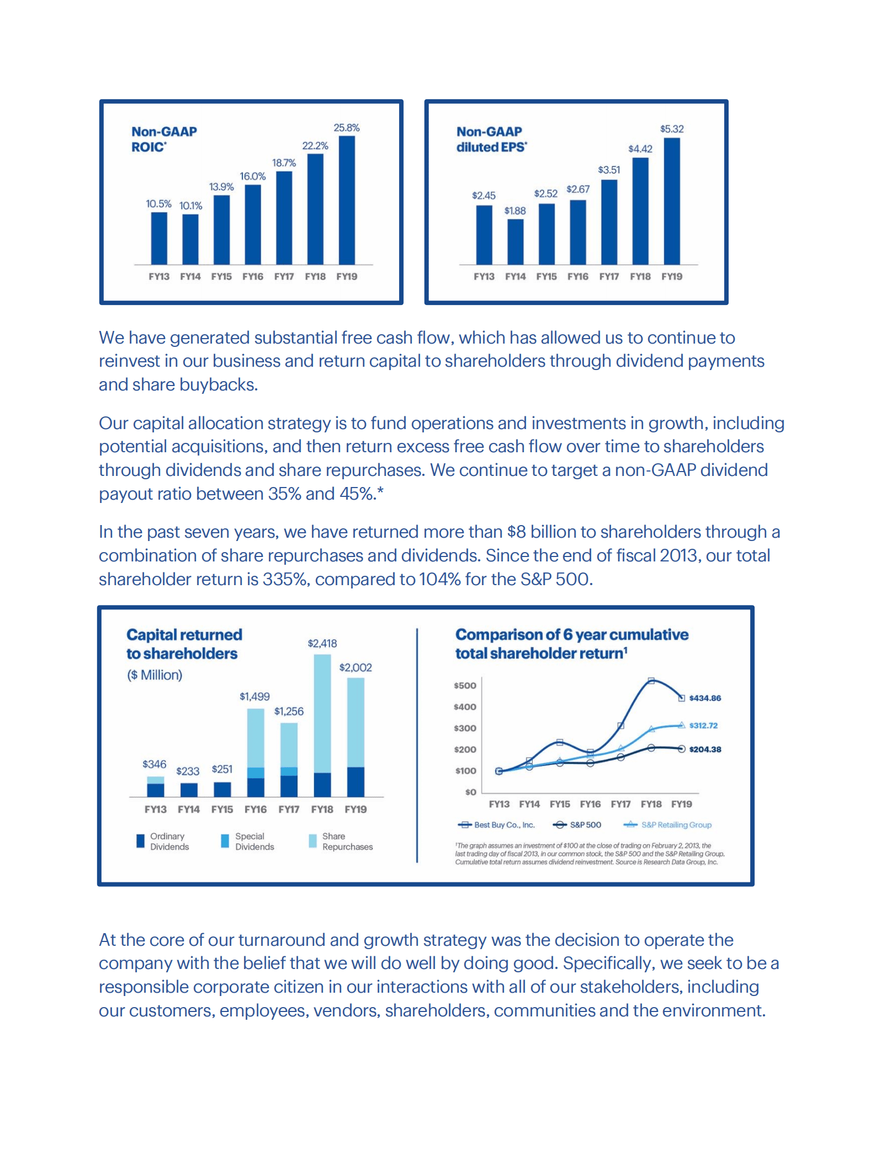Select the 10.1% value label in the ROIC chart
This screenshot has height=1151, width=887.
click(x=190, y=206)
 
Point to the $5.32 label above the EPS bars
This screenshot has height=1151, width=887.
click(x=672, y=129)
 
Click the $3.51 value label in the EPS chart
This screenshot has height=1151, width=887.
click(x=609, y=170)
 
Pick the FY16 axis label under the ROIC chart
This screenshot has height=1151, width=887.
click(x=253, y=276)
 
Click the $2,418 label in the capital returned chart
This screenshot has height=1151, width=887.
click(x=322, y=643)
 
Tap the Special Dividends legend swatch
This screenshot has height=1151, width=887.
click(x=225, y=841)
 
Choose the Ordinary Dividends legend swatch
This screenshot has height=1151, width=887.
click(x=140, y=841)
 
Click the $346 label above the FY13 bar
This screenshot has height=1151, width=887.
click(x=154, y=764)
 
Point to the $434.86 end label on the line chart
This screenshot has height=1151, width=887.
click(x=705, y=698)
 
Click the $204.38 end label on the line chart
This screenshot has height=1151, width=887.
click(x=705, y=750)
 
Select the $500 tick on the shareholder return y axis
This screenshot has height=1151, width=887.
click(x=465, y=686)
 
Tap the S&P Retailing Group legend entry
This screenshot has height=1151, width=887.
click(x=676, y=825)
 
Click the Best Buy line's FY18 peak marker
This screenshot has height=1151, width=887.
click(x=651, y=681)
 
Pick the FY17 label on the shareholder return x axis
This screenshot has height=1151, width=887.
click(x=620, y=804)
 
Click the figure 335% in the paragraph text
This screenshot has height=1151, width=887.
click(x=285, y=579)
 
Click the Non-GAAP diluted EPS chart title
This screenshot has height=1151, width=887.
click(x=491, y=139)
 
